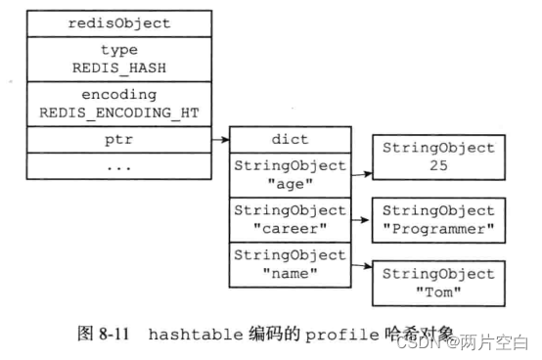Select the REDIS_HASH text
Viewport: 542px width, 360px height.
(x=119, y=68)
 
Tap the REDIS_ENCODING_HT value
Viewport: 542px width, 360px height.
(x=119, y=113)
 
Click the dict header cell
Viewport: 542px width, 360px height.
(x=290, y=141)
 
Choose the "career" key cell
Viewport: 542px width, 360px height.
(x=290, y=219)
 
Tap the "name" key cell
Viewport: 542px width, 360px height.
(x=290, y=264)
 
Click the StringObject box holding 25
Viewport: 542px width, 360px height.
(x=437, y=157)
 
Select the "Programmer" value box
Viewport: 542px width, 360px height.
(x=437, y=220)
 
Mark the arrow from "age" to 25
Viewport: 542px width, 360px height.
(x=359, y=176)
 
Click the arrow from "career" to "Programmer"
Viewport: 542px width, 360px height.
(x=359, y=221)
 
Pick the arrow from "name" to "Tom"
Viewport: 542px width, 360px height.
(x=359, y=266)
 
